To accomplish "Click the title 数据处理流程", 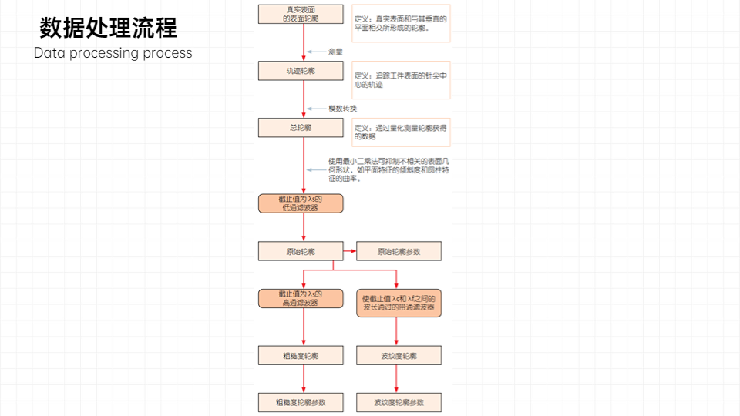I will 108,29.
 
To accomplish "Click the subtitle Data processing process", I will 113,53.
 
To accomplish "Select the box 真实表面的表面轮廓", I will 300,13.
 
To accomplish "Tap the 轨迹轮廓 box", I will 300,70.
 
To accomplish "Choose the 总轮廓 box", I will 300,127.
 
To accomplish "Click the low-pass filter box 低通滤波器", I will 300,203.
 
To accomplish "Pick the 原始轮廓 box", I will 300,251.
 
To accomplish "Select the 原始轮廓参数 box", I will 399,251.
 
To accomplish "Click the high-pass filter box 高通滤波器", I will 300,298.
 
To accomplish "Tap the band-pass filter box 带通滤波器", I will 399,303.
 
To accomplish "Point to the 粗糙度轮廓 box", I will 300,355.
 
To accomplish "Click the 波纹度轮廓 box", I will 399,355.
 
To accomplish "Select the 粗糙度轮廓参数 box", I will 300,402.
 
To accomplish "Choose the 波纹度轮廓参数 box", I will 399,402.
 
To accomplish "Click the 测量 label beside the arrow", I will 335,52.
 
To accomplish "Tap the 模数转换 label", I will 342,108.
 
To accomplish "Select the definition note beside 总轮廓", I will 401,132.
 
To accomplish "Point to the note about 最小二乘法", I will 388,170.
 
